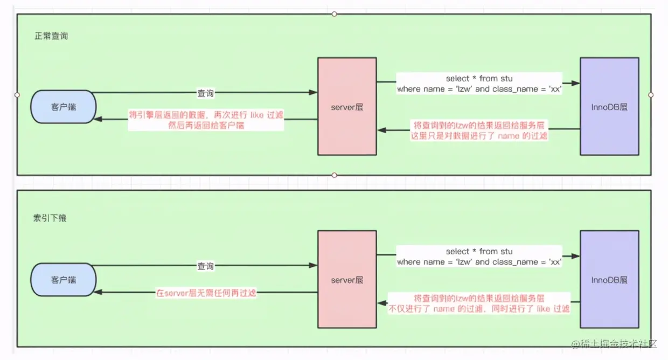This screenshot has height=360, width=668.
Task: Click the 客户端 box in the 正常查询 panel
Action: [64, 107]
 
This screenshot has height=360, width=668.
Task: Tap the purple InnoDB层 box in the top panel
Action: [609, 107]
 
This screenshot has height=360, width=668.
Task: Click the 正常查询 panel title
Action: [51, 37]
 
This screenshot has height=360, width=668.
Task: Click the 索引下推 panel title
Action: [50, 218]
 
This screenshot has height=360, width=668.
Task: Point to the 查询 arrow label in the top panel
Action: [205, 93]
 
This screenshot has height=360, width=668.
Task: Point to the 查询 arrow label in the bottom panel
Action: [205, 266]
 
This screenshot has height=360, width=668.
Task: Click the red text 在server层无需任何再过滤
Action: [206, 293]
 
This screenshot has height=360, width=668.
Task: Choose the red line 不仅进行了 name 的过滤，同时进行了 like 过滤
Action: [479, 309]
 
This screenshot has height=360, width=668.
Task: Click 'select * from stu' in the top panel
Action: [479, 79]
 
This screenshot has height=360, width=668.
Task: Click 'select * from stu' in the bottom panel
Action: [479, 252]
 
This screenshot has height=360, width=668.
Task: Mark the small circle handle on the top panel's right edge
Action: [651, 95]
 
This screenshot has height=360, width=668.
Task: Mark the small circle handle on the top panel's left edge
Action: [17, 95]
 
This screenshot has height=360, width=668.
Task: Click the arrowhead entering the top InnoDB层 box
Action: [576, 84]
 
